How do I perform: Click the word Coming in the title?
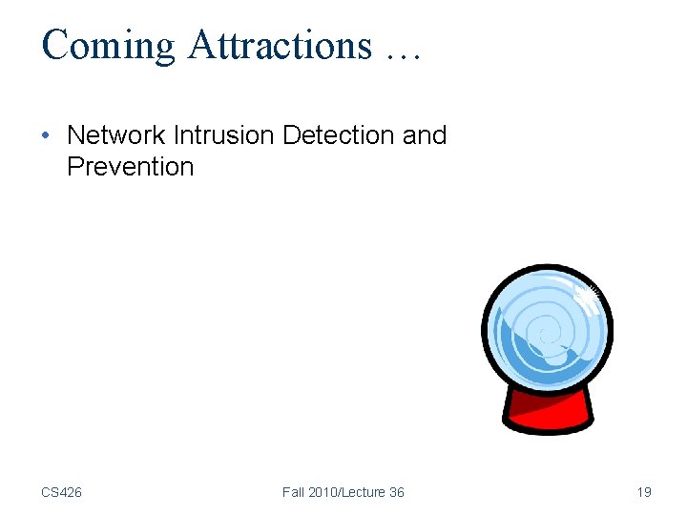[108, 46]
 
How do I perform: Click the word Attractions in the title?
[280, 46]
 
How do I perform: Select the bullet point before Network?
[47, 135]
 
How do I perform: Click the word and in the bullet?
[425, 135]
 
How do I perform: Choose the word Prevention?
[130, 167]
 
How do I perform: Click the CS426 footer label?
[61, 492]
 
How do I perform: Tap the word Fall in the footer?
[295, 492]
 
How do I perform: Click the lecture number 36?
[396, 492]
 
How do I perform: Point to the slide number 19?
[644, 492]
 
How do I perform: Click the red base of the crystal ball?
[547, 412]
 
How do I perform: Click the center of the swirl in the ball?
[545, 334]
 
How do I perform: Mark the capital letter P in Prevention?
[75, 167]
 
